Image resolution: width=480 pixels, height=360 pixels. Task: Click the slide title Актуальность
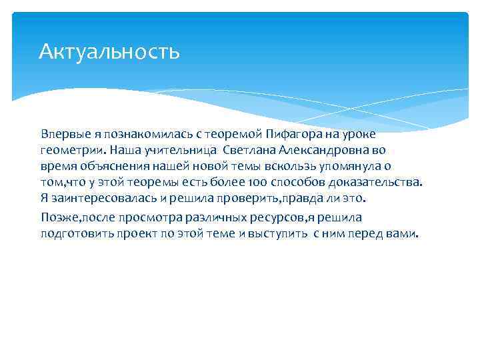[x=109, y=51]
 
